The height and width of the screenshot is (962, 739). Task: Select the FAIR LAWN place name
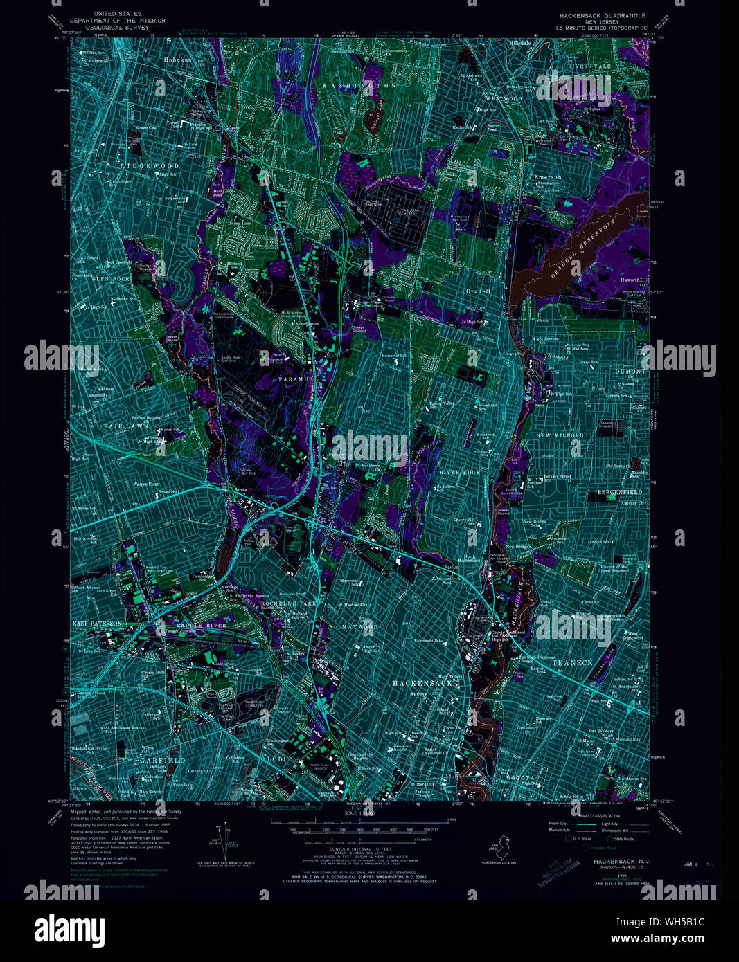[127, 426]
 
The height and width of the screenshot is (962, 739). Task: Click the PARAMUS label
[298, 380]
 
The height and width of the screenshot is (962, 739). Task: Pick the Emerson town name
[547, 177]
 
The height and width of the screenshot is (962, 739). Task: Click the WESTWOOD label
[504, 98]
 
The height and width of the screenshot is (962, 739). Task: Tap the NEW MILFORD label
[560, 435]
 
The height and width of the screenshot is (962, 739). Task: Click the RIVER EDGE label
[459, 472]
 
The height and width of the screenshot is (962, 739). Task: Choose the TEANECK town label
[573, 662]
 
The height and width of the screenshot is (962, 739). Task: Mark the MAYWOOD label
[360, 627]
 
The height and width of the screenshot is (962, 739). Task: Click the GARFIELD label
[163, 760]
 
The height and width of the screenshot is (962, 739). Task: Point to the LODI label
[276, 759]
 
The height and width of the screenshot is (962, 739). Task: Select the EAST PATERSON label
[98, 624]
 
